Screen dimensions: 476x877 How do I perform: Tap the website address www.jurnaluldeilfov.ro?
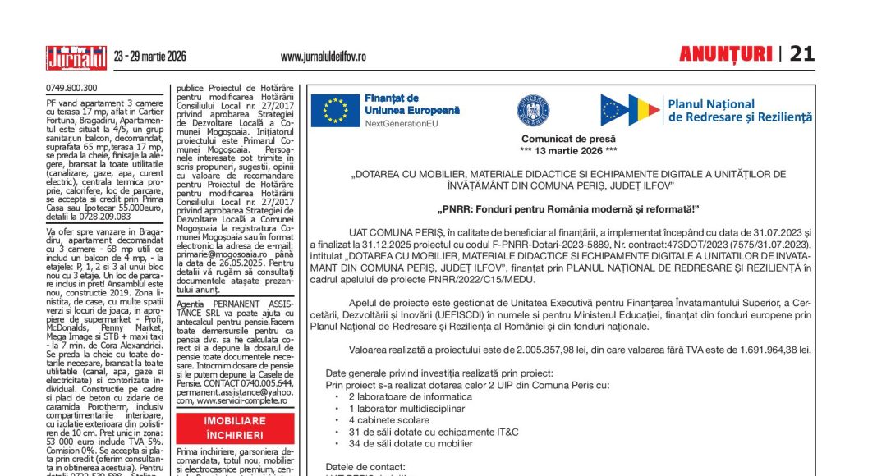[323, 57]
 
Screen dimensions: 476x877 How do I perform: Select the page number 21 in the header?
[801, 54]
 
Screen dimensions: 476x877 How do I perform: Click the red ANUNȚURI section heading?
[725, 55]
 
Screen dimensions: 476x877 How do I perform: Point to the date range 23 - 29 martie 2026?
[150, 57]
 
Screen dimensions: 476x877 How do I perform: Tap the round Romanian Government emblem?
[533, 109]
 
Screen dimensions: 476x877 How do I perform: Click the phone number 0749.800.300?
[71, 88]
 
